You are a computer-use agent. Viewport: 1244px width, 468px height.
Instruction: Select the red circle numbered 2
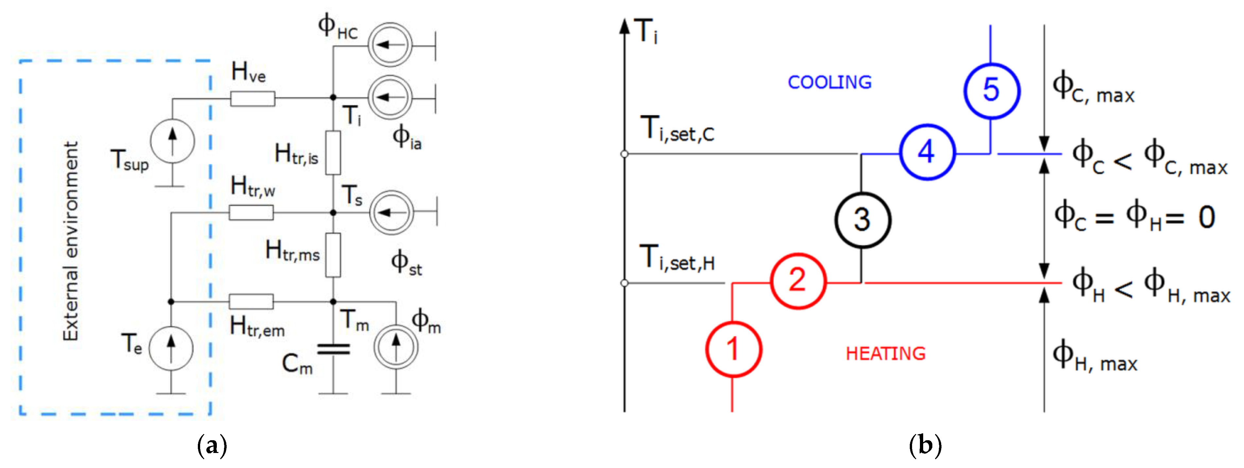[x=798, y=281]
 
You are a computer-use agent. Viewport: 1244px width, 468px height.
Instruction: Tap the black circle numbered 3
[x=862, y=220]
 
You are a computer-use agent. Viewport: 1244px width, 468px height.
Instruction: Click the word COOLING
[x=829, y=82]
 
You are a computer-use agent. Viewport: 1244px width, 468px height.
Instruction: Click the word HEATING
[x=885, y=354]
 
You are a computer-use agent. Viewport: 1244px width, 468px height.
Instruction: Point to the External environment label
[x=71, y=241]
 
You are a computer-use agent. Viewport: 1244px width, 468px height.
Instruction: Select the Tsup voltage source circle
[x=172, y=141]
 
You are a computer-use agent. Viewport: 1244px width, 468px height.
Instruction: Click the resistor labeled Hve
[x=252, y=98]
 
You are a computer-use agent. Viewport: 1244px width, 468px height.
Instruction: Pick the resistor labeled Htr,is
[x=333, y=153]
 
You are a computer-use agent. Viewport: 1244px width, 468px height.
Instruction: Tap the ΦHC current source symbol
[x=390, y=45]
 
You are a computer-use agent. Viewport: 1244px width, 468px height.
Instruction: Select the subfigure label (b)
[x=925, y=445]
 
